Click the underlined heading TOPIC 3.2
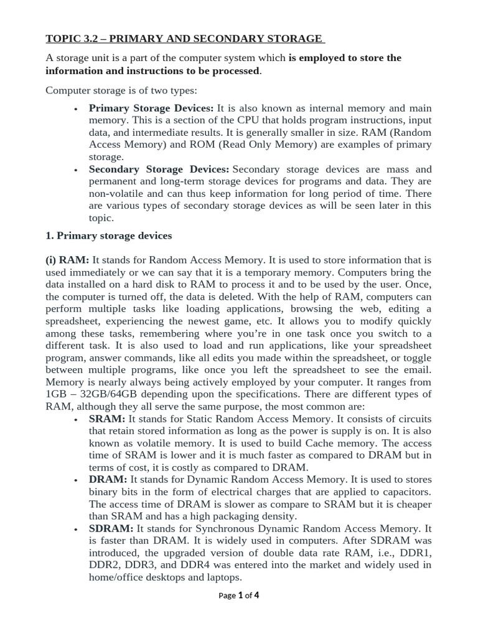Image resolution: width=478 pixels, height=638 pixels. coord(184,39)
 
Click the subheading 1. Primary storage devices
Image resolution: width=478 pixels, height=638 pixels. coord(109,236)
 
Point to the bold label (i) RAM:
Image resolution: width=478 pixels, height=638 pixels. coord(67,260)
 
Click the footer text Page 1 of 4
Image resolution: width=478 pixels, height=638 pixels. coord(239,595)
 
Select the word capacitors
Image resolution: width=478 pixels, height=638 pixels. coord(405,492)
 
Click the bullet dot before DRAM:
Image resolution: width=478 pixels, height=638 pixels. coord(75,480)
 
